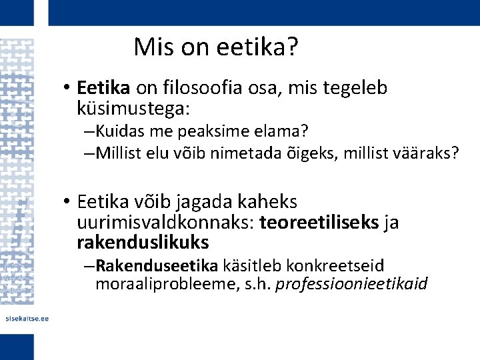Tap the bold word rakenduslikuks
143,241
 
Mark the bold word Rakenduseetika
157,266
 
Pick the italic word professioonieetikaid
351,285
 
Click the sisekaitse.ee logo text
26,319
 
